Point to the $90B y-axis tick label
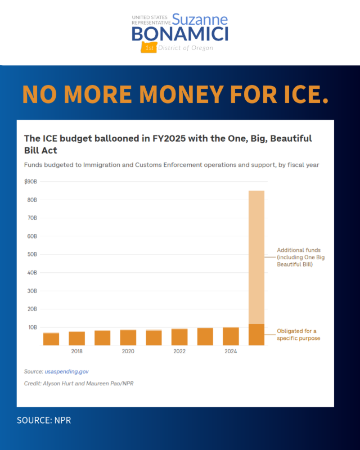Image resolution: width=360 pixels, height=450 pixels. pos(30,182)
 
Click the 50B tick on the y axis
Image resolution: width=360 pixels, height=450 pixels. pos(32,254)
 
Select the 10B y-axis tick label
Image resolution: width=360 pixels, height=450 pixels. pos(32,327)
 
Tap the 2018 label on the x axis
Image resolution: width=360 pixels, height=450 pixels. pos(77,352)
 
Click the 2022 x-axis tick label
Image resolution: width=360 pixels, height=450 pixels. pos(179,352)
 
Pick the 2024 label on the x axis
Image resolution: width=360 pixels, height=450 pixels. pos(231,352)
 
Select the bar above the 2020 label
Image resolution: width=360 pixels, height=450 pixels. pos(128,337)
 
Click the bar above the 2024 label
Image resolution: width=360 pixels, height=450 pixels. pos(231,336)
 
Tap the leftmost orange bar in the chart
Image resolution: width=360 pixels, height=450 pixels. pos(51,339)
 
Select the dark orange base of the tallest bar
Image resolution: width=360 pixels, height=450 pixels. pos(256,335)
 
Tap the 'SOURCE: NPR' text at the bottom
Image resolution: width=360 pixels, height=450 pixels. pos(44,420)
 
